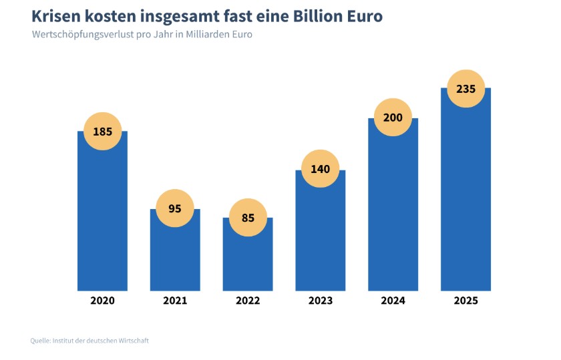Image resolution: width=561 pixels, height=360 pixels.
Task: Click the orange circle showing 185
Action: click(x=102, y=132)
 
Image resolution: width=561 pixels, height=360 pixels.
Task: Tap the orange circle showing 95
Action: click(x=175, y=208)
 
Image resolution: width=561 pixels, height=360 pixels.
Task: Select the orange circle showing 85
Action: click(x=248, y=217)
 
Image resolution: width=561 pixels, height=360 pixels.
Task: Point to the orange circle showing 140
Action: click(x=321, y=169)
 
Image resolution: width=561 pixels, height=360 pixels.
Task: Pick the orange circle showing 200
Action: click(x=393, y=118)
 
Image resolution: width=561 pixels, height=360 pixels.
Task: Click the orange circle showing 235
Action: click(x=465, y=88)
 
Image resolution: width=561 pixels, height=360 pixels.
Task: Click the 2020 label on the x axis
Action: click(x=102, y=301)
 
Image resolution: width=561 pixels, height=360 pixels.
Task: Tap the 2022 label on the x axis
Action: click(x=248, y=301)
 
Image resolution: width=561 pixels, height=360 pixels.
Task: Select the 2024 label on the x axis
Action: click(x=393, y=301)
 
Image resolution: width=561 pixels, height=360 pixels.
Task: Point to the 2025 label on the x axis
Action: click(x=465, y=301)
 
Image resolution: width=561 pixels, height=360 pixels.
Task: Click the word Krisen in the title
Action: click(x=55, y=15)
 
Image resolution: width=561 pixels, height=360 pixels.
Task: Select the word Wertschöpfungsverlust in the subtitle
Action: click(x=84, y=34)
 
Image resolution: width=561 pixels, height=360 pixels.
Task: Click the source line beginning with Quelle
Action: click(x=89, y=341)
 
